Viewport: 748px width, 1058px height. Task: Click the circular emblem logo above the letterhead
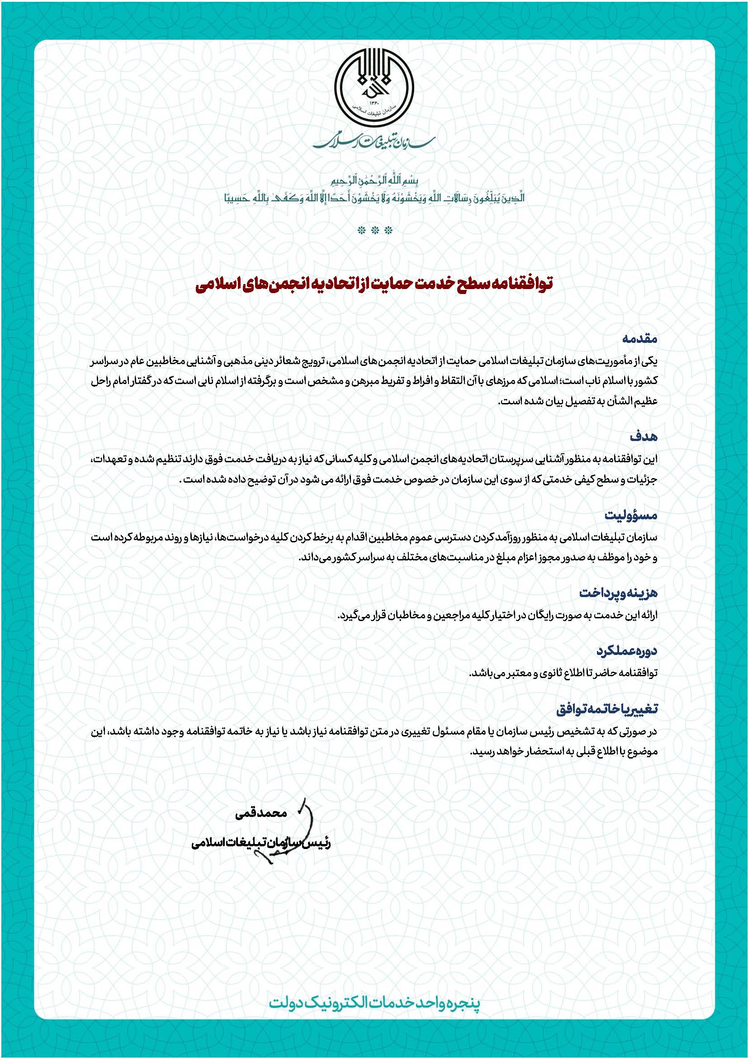[x=374, y=89]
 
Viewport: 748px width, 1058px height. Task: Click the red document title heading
[x=374, y=284]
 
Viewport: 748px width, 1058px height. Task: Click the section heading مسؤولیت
[x=631, y=515]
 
